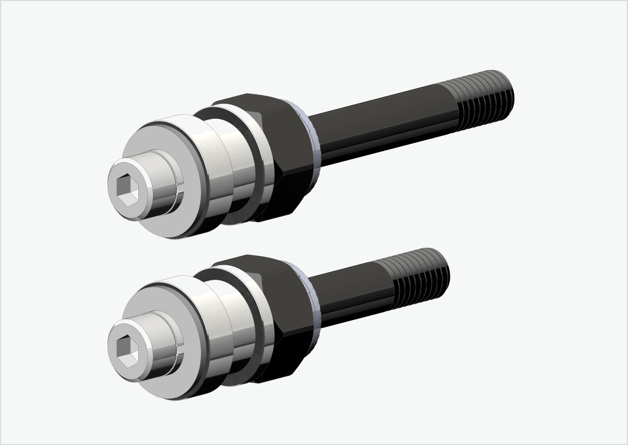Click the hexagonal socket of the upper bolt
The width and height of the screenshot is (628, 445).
(126, 190)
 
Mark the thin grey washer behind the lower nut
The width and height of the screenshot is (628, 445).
(314, 303)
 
